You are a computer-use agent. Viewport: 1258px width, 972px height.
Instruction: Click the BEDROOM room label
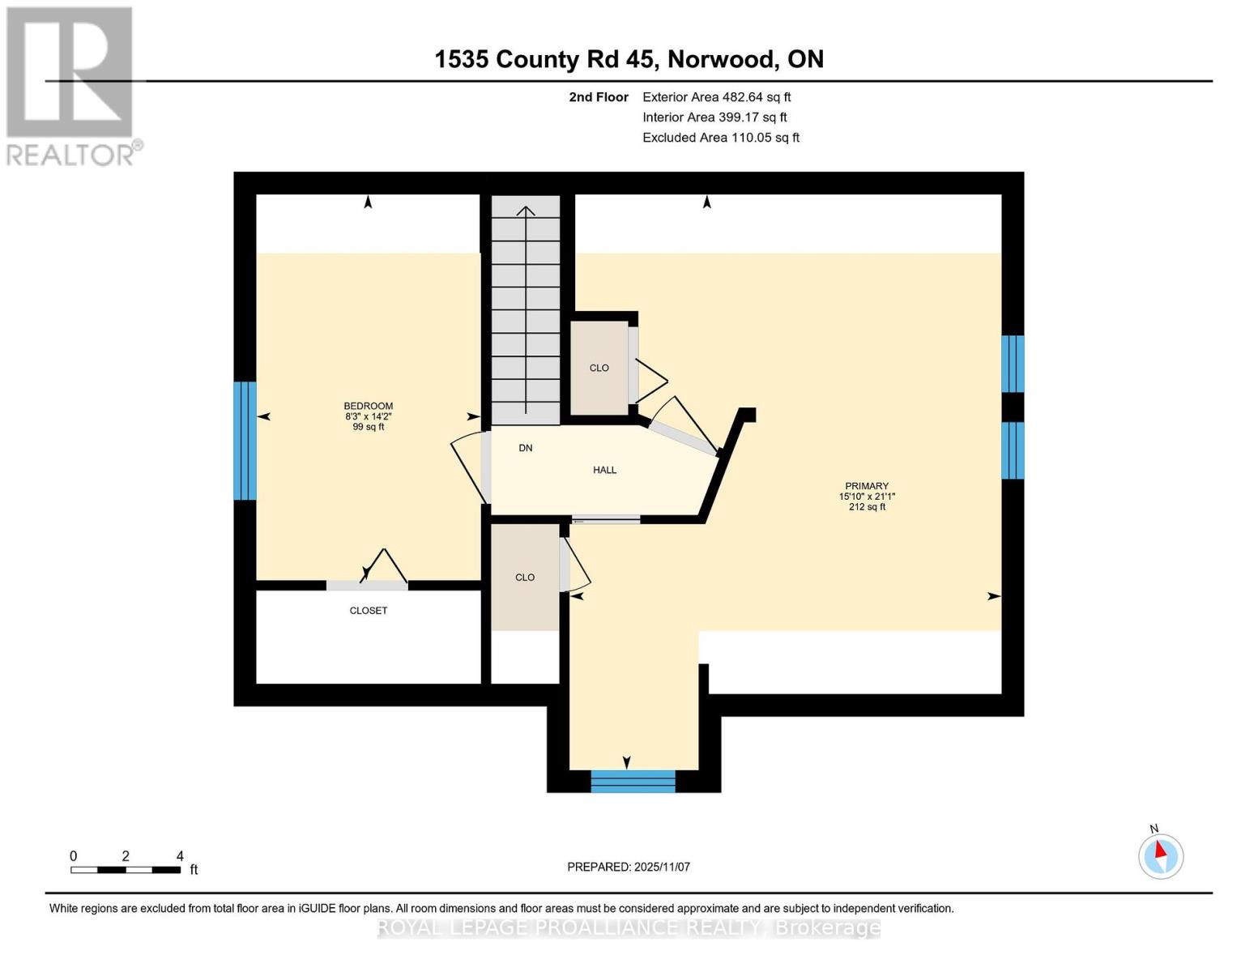[x=368, y=406]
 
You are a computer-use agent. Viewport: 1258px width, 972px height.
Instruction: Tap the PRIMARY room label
[x=866, y=486]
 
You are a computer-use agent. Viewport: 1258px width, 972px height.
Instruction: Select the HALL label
[x=604, y=470]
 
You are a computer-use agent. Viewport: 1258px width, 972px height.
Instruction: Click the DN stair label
[x=525, y=448]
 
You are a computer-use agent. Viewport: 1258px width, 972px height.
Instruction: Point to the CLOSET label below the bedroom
[x=368, y=611]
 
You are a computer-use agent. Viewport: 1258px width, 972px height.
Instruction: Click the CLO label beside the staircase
[x=599, y=368]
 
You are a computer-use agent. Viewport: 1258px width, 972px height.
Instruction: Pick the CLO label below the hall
[x=525, y=578]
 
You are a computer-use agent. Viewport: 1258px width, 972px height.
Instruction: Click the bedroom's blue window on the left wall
[x=245, y=441]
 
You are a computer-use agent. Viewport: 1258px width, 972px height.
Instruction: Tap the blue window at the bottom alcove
[x=633, y=781]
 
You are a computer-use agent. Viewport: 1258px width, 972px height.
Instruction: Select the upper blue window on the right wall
[x=1013, y=364]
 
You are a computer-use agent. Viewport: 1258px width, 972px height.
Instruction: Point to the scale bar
[x=126, y=870]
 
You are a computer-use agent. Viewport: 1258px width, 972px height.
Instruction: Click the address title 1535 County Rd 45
[x=629, y=59]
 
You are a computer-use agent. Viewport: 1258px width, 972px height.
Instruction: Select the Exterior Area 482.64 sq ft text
[x=716, y=97]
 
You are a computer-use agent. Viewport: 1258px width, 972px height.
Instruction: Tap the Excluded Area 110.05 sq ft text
[x=720, y=138]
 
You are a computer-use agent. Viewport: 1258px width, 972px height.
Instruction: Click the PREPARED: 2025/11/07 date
[x=629, y=867]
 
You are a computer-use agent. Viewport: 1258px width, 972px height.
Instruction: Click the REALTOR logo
[x=71, y=86]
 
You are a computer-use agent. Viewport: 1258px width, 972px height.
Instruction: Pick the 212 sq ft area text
[x=866, y=507]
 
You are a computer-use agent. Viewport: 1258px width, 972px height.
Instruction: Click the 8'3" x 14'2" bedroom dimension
[x=368, y=416]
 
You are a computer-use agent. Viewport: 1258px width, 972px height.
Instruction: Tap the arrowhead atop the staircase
[x=526, y=211]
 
